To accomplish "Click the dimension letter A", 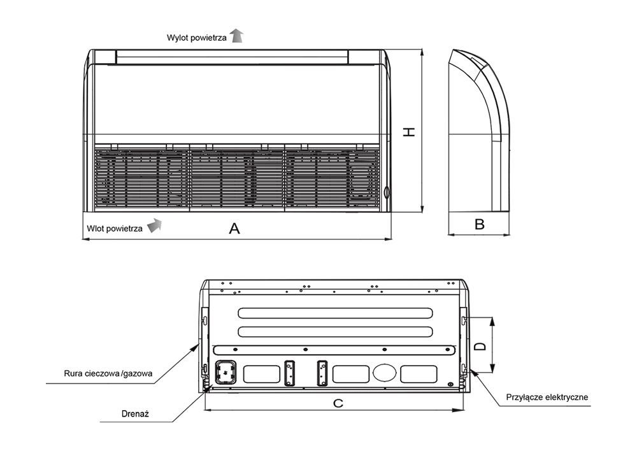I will (x=234, y=229).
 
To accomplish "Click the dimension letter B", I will (x=480, y=224).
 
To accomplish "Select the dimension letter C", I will (x=338, y=403).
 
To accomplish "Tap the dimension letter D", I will (x=482, y=345).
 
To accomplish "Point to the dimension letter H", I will (x=410, y=132).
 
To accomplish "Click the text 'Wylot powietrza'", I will (x=196, y=38).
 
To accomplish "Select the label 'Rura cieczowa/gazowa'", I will (x=108, y=373).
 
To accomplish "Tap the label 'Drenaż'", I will (x=134, y=414).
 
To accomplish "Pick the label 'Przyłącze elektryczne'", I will (x=547, y=397).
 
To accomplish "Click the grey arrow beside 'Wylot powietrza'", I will (x=237, y=36).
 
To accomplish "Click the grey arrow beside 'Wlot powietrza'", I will (x=154, y=226).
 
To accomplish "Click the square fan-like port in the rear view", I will (x=226, y=372).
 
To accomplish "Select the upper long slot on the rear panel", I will (x=343, y=313).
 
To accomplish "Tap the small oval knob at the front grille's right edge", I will (x=385, y=192).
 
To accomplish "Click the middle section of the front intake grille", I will (x=237, y=177).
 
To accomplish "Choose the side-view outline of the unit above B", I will (x=479, y=134).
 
